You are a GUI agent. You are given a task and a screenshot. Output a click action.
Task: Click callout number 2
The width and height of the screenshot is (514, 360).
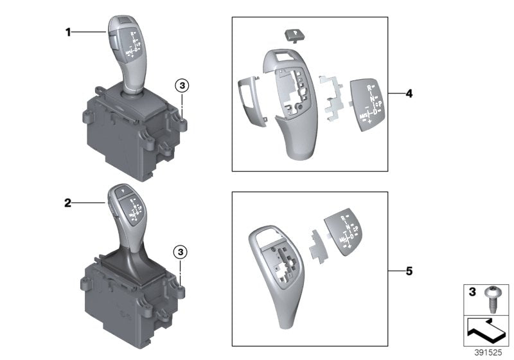pyautogui.click(x=67, y=203)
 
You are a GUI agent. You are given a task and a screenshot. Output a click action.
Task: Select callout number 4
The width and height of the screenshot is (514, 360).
pyautogui.click(x=409, y=94)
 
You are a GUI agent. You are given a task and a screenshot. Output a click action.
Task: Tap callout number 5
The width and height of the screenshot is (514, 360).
pyautogui.click(x=409, y=271)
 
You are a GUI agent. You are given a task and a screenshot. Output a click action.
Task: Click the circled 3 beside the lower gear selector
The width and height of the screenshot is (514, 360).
pyautogui.click(x=182, y=252)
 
